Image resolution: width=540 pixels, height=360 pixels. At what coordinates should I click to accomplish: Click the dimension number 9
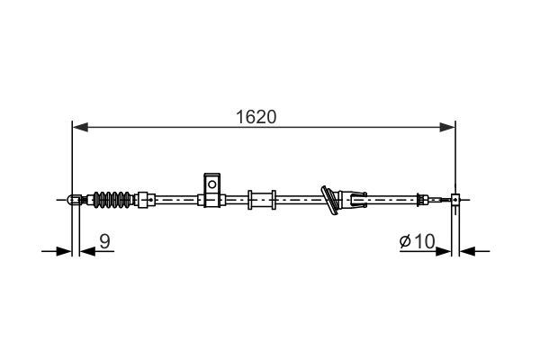[104, 240]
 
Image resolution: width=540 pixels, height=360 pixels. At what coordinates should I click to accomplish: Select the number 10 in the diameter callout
[425, 240]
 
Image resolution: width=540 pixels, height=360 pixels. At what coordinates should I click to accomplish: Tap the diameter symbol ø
[404, 241]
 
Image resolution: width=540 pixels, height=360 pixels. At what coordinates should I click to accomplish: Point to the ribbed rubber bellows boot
[113, 199]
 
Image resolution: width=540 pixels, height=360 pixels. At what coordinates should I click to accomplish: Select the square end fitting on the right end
[456, 199]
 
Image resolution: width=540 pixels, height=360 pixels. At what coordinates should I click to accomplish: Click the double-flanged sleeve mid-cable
[262, 198]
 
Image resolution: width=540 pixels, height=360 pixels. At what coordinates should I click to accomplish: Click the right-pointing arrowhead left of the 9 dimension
[64, 251]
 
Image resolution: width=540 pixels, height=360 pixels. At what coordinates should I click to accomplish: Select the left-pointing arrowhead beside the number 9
[85, 251]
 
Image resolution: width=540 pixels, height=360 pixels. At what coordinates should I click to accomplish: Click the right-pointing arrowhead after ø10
[445, 251]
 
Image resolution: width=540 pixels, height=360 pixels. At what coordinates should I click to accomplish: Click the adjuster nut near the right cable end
[421, 199]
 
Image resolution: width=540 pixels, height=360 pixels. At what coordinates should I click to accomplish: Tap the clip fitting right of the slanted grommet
[357, 197]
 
